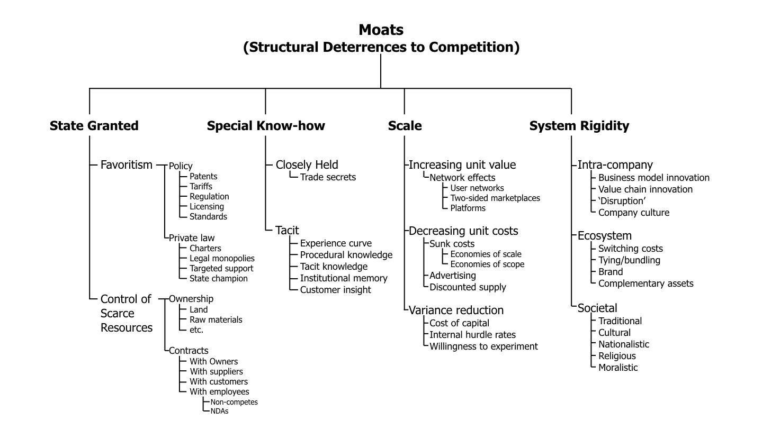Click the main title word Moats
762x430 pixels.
[381, 30]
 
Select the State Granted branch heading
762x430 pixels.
[94, 126]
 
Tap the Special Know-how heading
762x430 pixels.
[266, 126]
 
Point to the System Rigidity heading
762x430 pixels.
[579, 126]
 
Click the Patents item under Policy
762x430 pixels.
[203, 176]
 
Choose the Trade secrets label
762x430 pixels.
[328, 177]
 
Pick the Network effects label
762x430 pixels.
[462, 177]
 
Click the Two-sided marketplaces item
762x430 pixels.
[495, 198]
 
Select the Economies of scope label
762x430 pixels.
[487, 264]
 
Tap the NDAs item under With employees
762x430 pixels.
[219, 411]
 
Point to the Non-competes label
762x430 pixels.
[234, 402]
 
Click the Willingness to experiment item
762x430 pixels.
[483, 346]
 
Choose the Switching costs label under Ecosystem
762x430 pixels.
[630, 249]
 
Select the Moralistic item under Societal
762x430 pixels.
[618, 368]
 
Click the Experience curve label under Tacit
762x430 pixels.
[336, 243]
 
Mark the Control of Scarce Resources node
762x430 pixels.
[127, 313]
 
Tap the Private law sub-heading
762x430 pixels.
[192, 238]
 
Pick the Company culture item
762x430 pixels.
[634, 213]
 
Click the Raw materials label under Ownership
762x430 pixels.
[216, 319]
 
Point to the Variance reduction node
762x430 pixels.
[456, 310]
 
